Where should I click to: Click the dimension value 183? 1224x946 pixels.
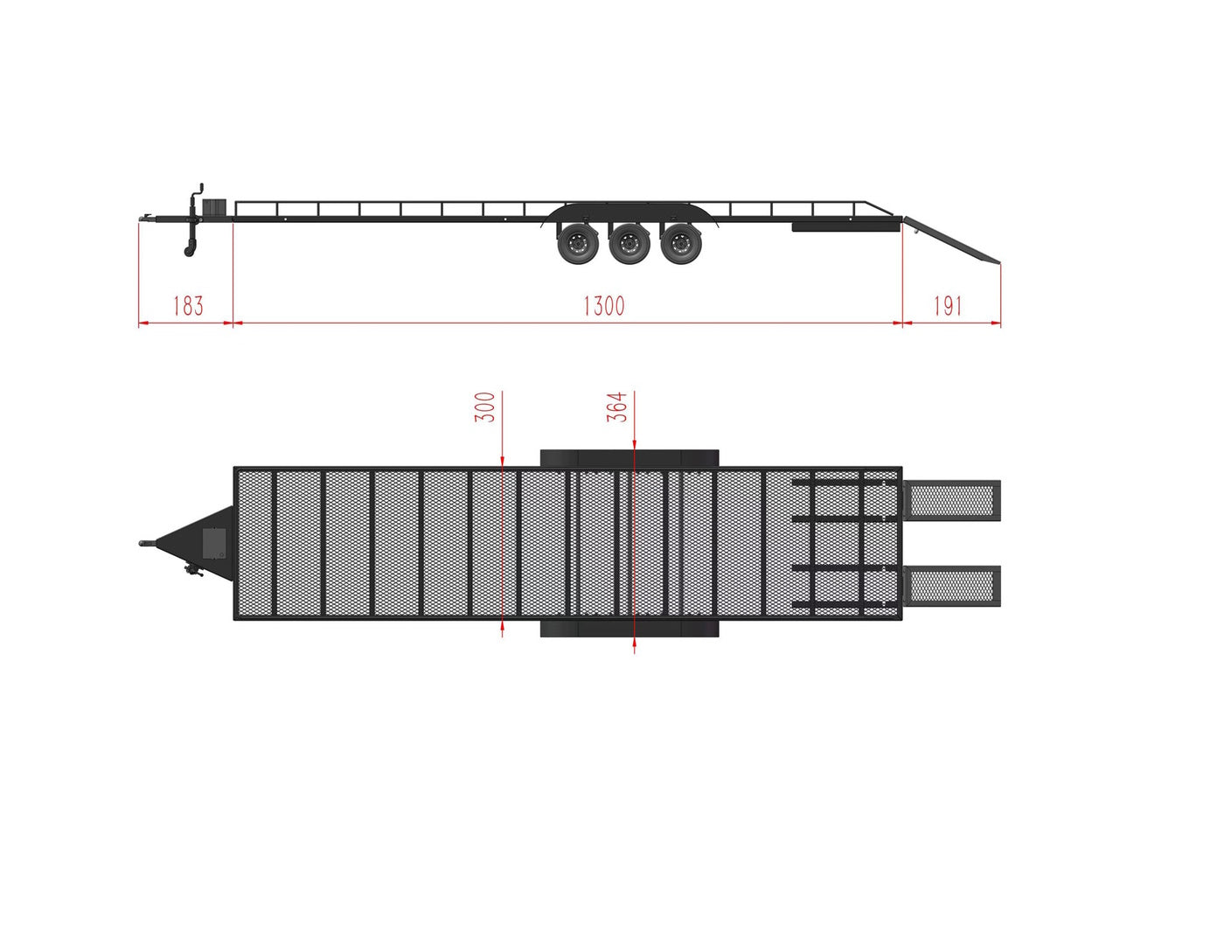pyautogui.click(x=188, y=306)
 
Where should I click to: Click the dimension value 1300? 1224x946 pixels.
pyautogui.click(x=603, y=306)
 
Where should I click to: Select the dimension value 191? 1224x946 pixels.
pyautogui.click(x=948, y=306)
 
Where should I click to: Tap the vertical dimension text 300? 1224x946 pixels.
pyautogui.click(x=485, y=407)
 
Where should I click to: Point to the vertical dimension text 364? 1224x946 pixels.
pyautogui.click(x=617, y=407)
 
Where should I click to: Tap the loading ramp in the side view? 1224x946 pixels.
pyautogui.click(x=953, y=240)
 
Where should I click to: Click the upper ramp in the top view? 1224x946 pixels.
pyautogui.click(x=953, y=501)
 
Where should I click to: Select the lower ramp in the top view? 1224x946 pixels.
pyautogui.click(x=953, y=586)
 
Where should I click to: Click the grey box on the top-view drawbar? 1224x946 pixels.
pyautogui.click(x=214, y=543)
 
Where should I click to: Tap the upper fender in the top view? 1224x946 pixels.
pyautogui.click(x=629, y=458)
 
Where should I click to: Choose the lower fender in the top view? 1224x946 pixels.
pyautogui.click(x=629, y=628)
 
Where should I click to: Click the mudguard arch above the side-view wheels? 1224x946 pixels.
pyautogui.click(x=629, y=210)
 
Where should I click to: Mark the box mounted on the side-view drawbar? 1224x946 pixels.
pyautogui.click(x=215, y=208)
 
